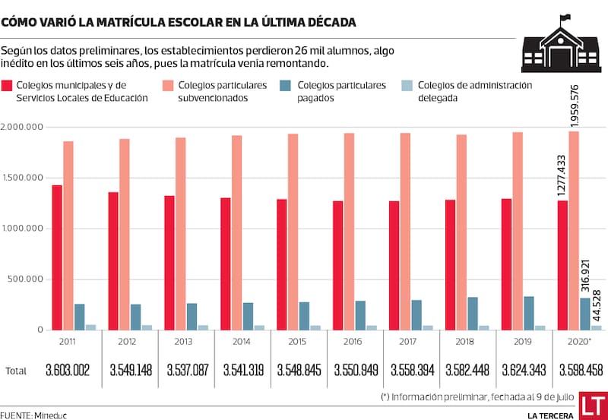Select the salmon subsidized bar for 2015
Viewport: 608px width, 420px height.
point(293,232)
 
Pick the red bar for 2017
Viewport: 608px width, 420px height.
point(394,265)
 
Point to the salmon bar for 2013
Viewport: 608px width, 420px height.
point(180,233)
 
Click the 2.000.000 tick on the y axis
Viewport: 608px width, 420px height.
point(24,128)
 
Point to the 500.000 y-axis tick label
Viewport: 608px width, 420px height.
point(27,279)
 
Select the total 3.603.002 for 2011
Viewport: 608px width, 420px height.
point(68,371)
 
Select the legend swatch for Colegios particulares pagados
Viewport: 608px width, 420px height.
point(282,87)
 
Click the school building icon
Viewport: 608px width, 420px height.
point(560,44)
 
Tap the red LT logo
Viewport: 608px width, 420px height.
point(593,406)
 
